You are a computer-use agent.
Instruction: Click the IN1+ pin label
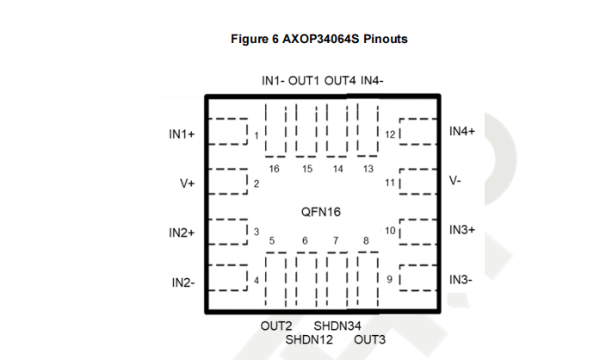pyautogui.click(x=182, y=135)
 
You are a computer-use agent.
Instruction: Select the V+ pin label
pyautogui.click(x=187, y=183)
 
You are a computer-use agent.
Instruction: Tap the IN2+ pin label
pyautogui.click(x=182, y=233)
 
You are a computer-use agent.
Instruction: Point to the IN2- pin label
pyautogui.click(x=182, y=282)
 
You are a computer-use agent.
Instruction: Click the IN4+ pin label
pyautogui.click(x=462, y=131)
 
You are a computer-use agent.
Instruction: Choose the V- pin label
pyautogui.click(x=456, y=182)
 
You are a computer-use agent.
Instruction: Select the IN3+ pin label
pyautogui.click(x=462, y=230)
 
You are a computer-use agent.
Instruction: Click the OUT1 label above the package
pyautogui.click(x=304, y=81)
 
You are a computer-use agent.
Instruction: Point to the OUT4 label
pyautogui.click(x=340, y=81)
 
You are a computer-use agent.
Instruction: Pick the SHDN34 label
pyautogui.click(x=337, y=326)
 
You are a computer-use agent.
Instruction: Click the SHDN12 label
pyautogui.click(x=309, y=340)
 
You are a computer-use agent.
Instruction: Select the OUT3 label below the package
pyautogui.click(x=370, y=340)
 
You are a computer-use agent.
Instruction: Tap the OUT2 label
pyautogui.click(x=276, y=326)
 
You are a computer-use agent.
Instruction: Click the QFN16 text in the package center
pyautogui.click(x=321, y=211)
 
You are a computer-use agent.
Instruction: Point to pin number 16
pyautogui.click(x=274, y=169)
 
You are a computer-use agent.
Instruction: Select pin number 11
pyautogui.click(x=390, y=183)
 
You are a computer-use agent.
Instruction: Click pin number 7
pyautogui.click(x=337, y=240)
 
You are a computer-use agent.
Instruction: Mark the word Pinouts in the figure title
pyautogui.click(x=384, y=39)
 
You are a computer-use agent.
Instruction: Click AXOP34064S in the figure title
pyautogui.click(x=318, y=39)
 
